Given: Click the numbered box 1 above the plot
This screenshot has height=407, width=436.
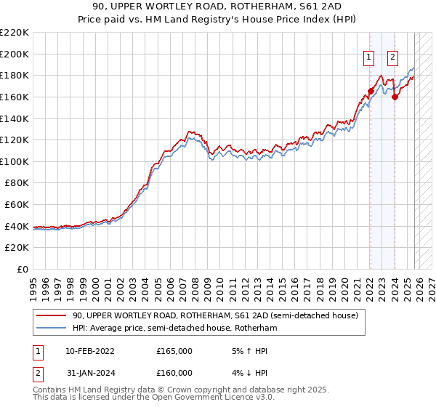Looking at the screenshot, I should [369, 57].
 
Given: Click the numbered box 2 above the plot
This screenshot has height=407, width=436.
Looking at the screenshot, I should [393, 57].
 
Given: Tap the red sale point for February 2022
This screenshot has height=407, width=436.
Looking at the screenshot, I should [371, 92].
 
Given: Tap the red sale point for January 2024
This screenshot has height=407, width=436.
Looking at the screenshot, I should [395, 97].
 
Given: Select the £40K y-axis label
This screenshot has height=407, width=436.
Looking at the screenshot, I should [17, 226].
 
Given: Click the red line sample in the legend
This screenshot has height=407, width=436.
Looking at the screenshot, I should [51, 316].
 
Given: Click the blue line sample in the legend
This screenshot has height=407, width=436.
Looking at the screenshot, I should [51, 329].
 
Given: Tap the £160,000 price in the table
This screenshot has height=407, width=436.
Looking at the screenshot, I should [174, 373].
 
